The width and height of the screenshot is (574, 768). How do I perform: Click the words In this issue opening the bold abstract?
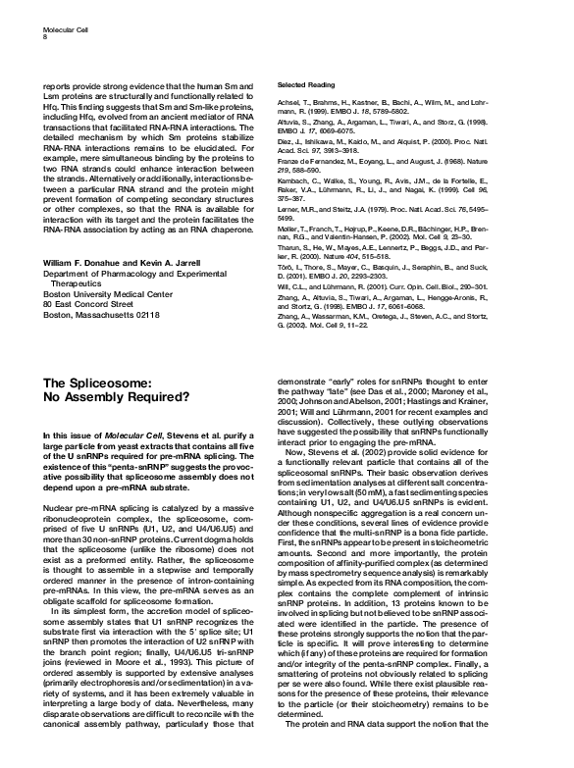(x=69, y=435)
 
